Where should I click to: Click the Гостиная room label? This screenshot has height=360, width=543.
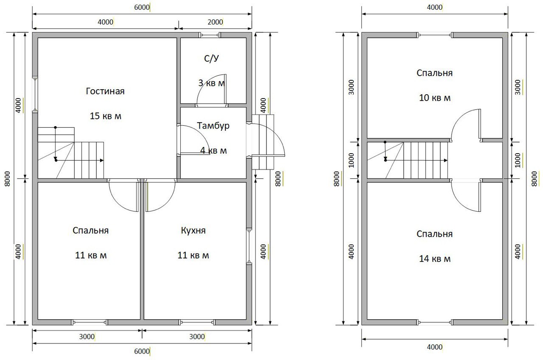click(x=105, y=91)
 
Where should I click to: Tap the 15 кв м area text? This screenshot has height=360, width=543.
click(x=106, y=116)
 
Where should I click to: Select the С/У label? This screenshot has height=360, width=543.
click(x=211, y=59)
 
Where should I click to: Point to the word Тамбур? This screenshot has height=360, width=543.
click(x=213, y=126)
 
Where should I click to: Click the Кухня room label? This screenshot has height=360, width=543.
click(x=193, y=231)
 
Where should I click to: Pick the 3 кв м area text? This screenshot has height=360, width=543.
click(x=211, y=83)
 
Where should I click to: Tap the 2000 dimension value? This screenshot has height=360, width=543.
click(x=215, y=22)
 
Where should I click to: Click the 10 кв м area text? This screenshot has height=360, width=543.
click(x=435, y=98)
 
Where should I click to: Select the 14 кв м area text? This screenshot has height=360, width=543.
click(x=435, y=259)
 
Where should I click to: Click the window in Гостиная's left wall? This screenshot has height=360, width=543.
click(x=35, y=94)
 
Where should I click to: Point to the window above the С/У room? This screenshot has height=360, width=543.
click(x=210, y=35)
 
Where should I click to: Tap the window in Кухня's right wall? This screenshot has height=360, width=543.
click(x=249, y=246)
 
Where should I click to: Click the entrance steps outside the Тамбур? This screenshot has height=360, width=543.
click(x=263, y=142)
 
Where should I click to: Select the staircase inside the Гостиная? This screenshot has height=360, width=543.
click(x=71, y=153)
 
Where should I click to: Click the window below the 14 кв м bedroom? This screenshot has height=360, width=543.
click(x=435, y=322)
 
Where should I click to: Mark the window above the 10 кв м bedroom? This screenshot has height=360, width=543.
click(x=435, y=35)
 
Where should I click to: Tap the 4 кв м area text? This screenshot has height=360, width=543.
click(x=213, y=150)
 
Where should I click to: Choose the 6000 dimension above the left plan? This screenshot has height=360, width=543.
click(x=142, y=8)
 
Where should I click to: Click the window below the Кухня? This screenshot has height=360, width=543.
click(x=197, y=322)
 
